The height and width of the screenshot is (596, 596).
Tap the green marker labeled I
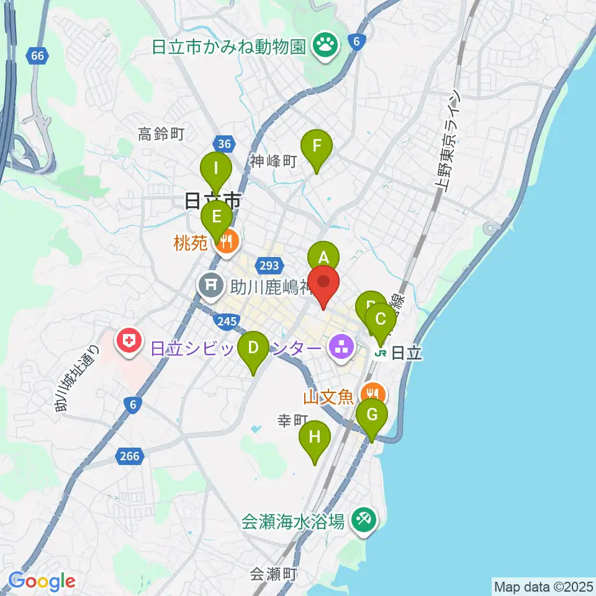(x=216, y=168)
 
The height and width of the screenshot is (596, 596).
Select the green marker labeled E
(x=217, y=217)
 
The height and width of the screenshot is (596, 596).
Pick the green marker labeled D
(x=253, y=348)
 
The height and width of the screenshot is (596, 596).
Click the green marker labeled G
(x=372, y=415)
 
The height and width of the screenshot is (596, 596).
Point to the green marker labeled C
(x=381, y=320)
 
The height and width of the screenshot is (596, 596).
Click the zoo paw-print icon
(x=324, y=43)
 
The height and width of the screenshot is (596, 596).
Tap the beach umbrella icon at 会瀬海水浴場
(x=361, y=519)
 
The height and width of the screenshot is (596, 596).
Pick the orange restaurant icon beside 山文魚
(x=372, y=392)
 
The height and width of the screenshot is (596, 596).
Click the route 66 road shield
(x=38, y=56)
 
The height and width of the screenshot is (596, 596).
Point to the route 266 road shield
(x=130, y=457)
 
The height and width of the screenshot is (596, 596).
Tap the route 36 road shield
(x=226, y=144)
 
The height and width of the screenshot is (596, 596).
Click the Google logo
(x=42, y=581)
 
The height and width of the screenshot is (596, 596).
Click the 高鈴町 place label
(x=162, y=133)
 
